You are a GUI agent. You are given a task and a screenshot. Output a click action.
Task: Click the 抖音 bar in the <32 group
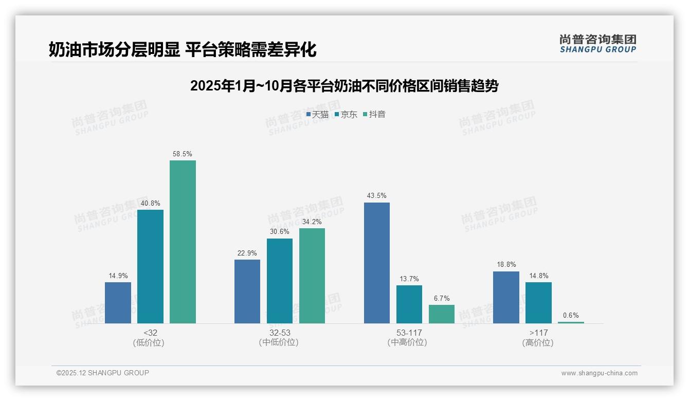183,242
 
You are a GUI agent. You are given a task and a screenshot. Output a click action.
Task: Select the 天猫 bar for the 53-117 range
377,263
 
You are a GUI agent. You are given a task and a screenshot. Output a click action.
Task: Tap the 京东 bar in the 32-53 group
280,281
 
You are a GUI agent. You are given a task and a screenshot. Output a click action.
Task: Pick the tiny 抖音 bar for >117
571,322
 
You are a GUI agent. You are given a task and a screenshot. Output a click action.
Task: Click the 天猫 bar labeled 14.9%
118,303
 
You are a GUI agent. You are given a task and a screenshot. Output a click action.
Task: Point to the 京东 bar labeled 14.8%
538,303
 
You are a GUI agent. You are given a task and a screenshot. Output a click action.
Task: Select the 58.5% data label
183,154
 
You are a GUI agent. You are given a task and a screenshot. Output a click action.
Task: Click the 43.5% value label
377,196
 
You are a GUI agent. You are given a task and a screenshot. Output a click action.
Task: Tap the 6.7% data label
441,298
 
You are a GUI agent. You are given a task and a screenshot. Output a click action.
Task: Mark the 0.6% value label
571,315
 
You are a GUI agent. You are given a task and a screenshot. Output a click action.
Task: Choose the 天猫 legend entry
317,114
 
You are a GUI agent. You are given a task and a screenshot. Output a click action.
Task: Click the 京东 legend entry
346,114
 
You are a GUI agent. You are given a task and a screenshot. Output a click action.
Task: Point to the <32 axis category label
150,333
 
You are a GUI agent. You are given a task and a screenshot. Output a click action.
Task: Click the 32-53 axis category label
279,333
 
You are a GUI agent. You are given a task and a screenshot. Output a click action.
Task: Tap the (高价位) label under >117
538,342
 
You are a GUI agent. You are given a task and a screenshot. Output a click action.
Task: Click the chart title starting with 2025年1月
344,86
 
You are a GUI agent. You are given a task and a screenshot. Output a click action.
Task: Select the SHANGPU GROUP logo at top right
597,44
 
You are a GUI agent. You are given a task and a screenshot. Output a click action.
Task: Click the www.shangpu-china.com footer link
599,373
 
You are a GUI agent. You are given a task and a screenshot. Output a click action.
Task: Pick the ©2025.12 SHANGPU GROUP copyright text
103,373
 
